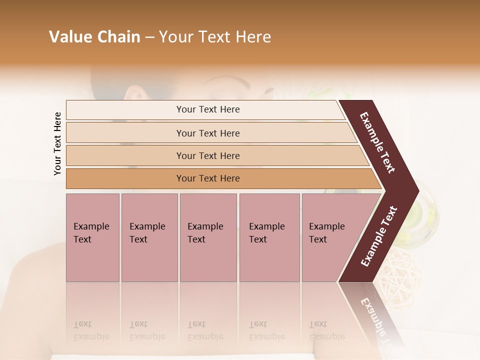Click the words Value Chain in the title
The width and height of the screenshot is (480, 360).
point(94,37)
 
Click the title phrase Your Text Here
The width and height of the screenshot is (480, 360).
point(215,37)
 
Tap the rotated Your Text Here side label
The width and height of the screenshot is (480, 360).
point(57,143)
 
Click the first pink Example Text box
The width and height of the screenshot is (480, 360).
point(92,237)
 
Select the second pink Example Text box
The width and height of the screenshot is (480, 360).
point(149,237)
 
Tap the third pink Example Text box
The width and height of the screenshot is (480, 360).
point(208,237)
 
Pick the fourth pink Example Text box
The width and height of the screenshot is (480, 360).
point(269,237)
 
